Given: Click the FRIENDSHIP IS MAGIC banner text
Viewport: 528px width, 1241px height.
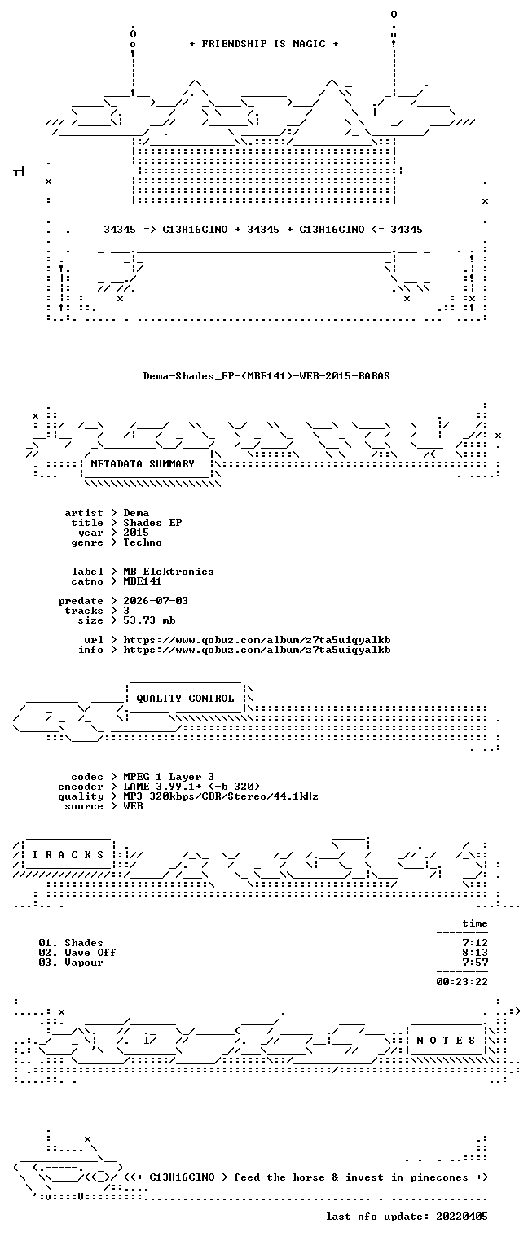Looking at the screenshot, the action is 263,44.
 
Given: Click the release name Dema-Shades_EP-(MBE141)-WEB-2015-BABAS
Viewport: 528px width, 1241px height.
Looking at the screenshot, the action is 266,375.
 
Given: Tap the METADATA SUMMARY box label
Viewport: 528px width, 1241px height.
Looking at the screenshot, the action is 143,463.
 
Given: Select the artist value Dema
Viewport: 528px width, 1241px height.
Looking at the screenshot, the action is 136,513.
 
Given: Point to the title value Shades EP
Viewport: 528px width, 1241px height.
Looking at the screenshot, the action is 152,523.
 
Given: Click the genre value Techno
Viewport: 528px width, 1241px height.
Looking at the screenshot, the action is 143,542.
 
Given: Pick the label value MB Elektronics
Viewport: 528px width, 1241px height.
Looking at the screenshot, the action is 169,571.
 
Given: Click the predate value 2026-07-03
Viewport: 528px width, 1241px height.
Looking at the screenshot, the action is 156,601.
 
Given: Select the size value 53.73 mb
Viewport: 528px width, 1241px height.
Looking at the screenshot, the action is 149,620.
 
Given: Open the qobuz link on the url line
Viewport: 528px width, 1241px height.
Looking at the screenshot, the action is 257,640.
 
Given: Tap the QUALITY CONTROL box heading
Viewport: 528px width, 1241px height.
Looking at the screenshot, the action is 185,698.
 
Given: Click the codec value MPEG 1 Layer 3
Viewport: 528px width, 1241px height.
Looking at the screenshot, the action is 169,777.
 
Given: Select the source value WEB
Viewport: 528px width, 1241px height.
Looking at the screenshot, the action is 133,806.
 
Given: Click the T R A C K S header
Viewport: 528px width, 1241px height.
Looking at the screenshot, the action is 68,855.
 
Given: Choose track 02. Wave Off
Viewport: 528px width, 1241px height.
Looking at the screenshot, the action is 77,953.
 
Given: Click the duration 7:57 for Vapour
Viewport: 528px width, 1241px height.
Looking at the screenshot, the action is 475,963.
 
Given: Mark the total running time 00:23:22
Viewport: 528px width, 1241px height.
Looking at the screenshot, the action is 462,982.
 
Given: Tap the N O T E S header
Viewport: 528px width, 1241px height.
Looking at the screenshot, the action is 446,1040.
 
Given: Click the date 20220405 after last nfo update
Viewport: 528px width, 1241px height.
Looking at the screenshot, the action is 462,1216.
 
